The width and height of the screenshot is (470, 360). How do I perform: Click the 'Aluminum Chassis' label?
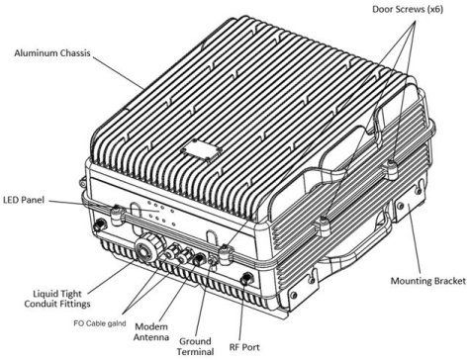pos(52,53)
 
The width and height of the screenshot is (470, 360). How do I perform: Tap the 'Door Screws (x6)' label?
pos(408,9)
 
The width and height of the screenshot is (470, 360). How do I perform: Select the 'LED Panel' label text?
pos(24,200)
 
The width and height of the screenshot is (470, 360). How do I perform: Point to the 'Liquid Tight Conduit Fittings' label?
pos(57,299)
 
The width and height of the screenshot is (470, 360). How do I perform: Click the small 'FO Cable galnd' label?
pos(100,323)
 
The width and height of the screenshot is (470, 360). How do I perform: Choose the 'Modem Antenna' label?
pos(151,332)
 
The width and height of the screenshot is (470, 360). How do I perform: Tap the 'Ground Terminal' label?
pos(195,346)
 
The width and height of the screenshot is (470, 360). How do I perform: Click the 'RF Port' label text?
pos(244,347)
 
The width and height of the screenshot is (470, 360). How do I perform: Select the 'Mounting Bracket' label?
pos(428,281)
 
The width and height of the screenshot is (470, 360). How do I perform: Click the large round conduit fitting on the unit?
pos(148,249)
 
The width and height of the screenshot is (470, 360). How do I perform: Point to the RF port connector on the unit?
pos(245,279)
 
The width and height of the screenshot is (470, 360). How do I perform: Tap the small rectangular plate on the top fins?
pos(200,150)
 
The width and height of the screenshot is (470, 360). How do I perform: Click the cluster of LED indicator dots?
pos(160,213)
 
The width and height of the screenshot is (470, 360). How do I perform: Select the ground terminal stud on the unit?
pos(213,262)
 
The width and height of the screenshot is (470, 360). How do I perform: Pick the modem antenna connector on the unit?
pos(198,259)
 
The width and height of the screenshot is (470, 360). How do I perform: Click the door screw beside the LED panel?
pos(117,214)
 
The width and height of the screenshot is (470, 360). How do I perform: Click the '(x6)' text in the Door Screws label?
pos(435,9)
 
